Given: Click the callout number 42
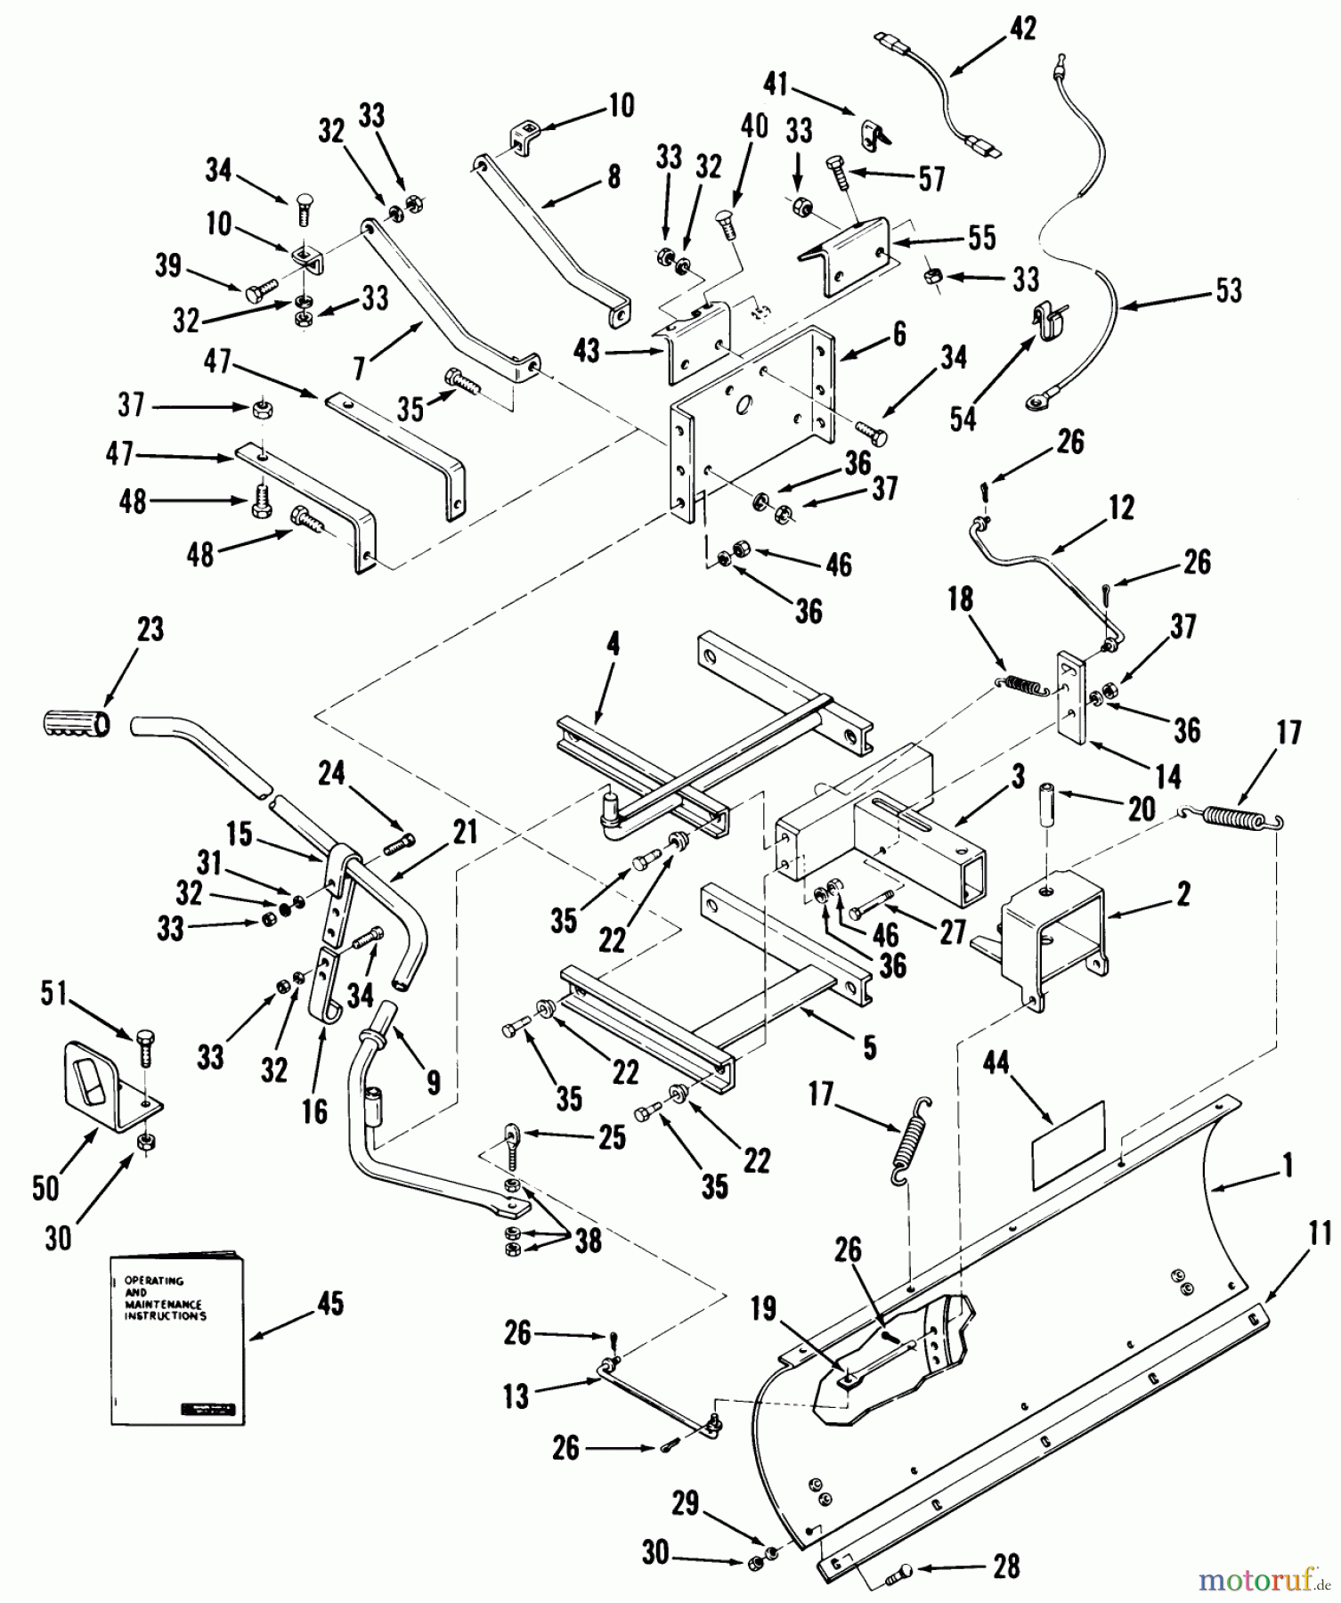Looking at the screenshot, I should (1022, 28).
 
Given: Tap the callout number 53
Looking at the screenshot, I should (1229, 290).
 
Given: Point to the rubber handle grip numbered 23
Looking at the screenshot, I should (77, 722).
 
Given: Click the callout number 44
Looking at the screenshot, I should (996, 1062).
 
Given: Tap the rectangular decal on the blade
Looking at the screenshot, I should (1068, 1145).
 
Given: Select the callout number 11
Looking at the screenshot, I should (1320, 1233).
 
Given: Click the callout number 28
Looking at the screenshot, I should (1006, 1566).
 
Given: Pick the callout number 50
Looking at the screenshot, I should (45, 1187).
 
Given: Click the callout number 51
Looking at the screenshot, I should (54, 994).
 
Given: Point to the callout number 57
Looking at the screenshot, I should (931, 179).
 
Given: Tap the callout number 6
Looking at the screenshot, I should (899, 334).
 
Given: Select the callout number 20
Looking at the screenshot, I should (1142, 809).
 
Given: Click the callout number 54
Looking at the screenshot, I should (963, 419).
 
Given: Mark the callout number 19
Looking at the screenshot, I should (764, 1309).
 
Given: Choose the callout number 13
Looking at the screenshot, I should (516, 1396).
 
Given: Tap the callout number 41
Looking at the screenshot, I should (776, 85).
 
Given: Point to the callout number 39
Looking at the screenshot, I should (167, 265).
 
